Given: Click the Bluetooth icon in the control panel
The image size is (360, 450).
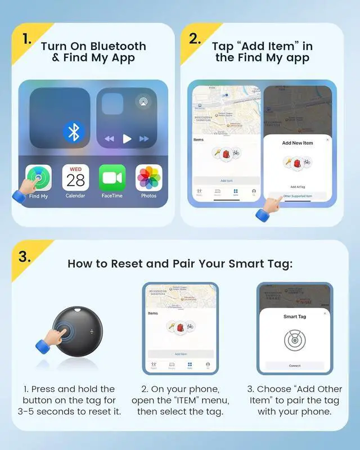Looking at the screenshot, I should [x=73, y=132].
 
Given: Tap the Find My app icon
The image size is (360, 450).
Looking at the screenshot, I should [x=38, y=178].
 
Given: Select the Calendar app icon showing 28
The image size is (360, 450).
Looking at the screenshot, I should [x=75, y=178].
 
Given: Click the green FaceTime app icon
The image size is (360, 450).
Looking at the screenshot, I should [x=112, y=178].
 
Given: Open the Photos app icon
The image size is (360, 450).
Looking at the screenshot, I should [x=149, y=178].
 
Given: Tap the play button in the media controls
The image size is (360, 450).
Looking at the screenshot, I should [x=127, y=138].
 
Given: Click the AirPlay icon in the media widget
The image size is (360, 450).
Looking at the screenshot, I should [x=143, y=102].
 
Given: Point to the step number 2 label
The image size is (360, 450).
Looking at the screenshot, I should [x=194, y=39].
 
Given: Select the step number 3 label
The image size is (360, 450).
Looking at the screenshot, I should [x=24, y=256].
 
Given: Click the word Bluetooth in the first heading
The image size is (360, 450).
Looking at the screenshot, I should [x=118, y=46].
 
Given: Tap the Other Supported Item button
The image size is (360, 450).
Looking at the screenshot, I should [x=297, y=196].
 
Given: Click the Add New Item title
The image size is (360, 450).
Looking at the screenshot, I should [x=297, y=143].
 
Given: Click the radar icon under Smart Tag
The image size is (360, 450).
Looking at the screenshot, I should [x=294, y=340].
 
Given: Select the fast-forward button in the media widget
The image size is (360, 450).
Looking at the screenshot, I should [x=145, y=138].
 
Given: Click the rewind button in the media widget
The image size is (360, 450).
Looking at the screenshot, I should [x=110, y=138].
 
